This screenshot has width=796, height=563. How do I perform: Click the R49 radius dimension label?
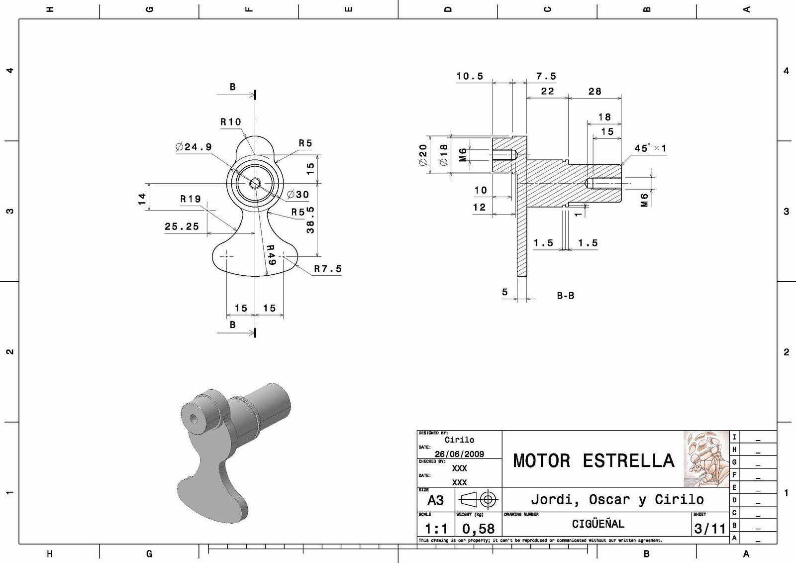pos(271,255)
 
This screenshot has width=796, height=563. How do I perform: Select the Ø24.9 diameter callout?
pos(194,147)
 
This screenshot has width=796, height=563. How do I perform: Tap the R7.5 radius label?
pos(327,269)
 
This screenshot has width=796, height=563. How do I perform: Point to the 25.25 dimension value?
pos(182,226)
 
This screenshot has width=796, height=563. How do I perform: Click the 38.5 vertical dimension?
pos(310,220)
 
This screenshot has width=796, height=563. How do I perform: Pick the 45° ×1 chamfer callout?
pos(650,148)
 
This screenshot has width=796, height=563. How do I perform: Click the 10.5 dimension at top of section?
pos(470,76)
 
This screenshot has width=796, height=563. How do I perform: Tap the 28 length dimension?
pos(595,92)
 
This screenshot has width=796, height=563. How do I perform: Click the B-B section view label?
pos(565,296)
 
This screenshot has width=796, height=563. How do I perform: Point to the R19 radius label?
pos(191,199)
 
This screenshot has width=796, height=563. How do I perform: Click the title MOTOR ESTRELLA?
pos(593,460)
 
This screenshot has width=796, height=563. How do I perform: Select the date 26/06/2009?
pos(459,454)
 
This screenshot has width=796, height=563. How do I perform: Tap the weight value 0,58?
pos(478,529)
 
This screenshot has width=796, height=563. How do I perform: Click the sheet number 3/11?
pos(710,529)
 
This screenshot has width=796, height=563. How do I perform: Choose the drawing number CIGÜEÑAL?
pos(597,524)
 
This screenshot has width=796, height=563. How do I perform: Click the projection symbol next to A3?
pos(478,499)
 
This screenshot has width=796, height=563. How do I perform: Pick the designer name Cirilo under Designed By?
pos(459,440)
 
